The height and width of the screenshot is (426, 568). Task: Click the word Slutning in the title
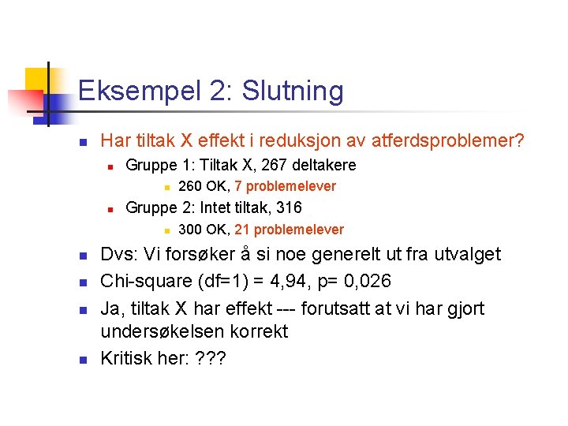[x=293, y=92]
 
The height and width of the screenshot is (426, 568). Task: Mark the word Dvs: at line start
[x=121, y=254]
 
